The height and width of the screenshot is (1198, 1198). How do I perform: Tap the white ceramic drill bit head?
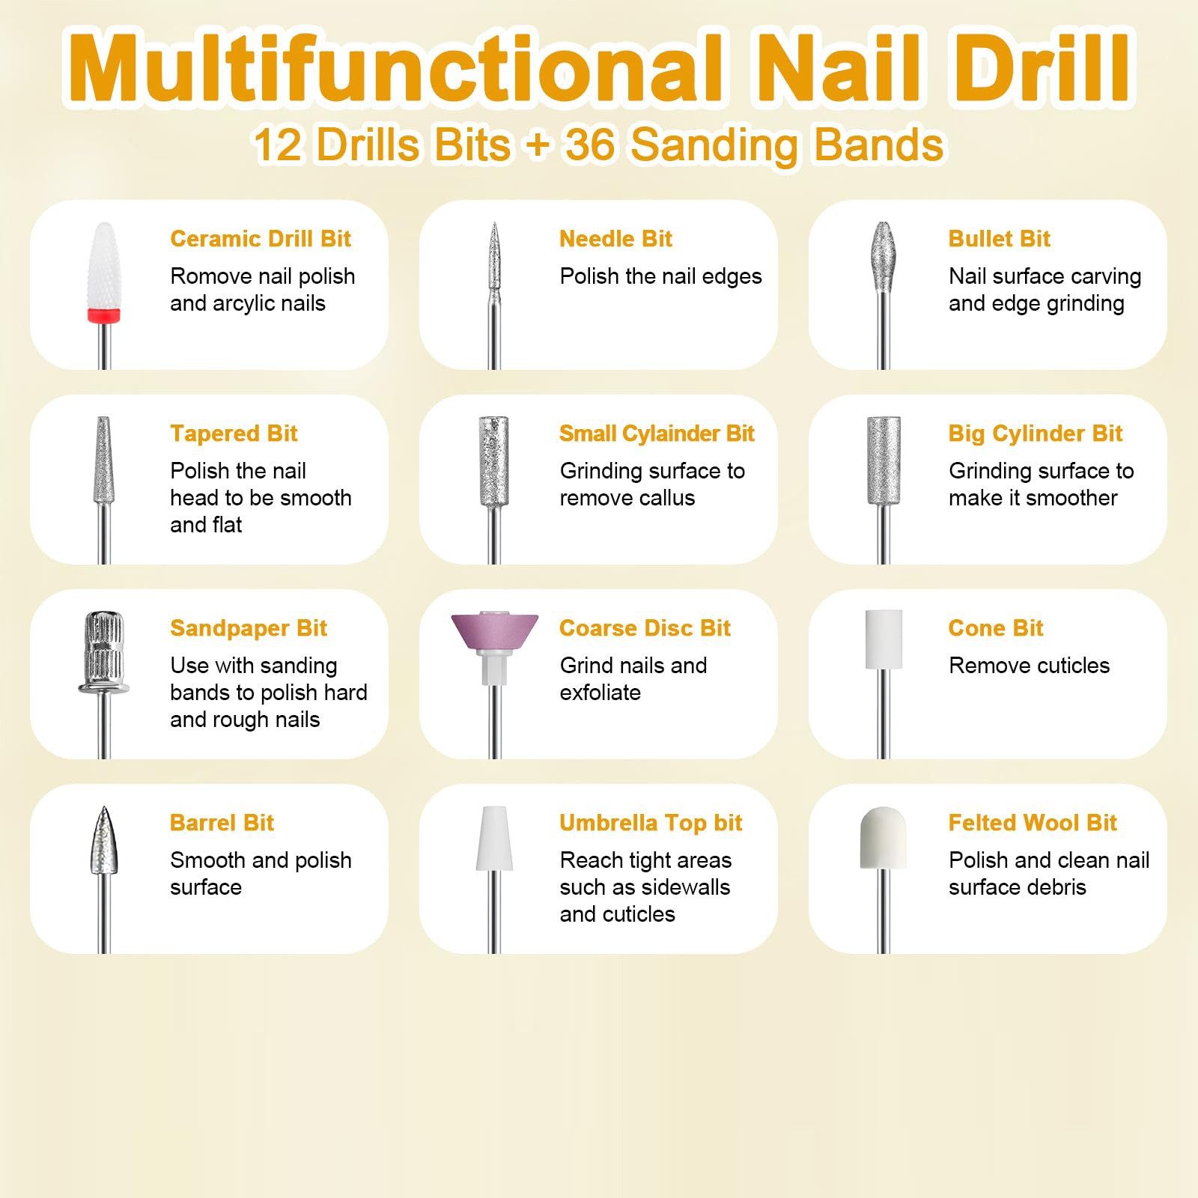pyautogui.click(x=104, y=266)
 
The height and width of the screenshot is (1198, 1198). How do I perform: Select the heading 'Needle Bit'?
pyautogui.click(x=615, y=239)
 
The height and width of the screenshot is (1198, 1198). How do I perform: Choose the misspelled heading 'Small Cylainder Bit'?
pyautogui.click(x=657, y=434)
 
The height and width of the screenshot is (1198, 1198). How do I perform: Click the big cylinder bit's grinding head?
pyautogui.click(x=884, y=460)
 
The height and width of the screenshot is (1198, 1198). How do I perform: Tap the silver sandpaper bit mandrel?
pyautogui.click(x=104, y=653)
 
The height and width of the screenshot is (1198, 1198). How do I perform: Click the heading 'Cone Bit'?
pyautogui.click(x=995, y=628)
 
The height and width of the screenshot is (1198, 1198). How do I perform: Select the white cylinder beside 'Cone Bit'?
pyautogui.click(x=884, y=639)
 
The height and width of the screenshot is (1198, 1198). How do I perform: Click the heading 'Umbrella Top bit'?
pyautogui.click(x=651, y=823)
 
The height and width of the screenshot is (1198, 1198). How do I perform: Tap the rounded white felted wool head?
pyautogui.click(x=884, y=838)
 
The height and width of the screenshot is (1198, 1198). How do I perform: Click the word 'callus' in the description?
pyautogui.click(x=664, y=498)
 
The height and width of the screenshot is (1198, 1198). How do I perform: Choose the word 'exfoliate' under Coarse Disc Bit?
pyautogui.click(x=600, y=693)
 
